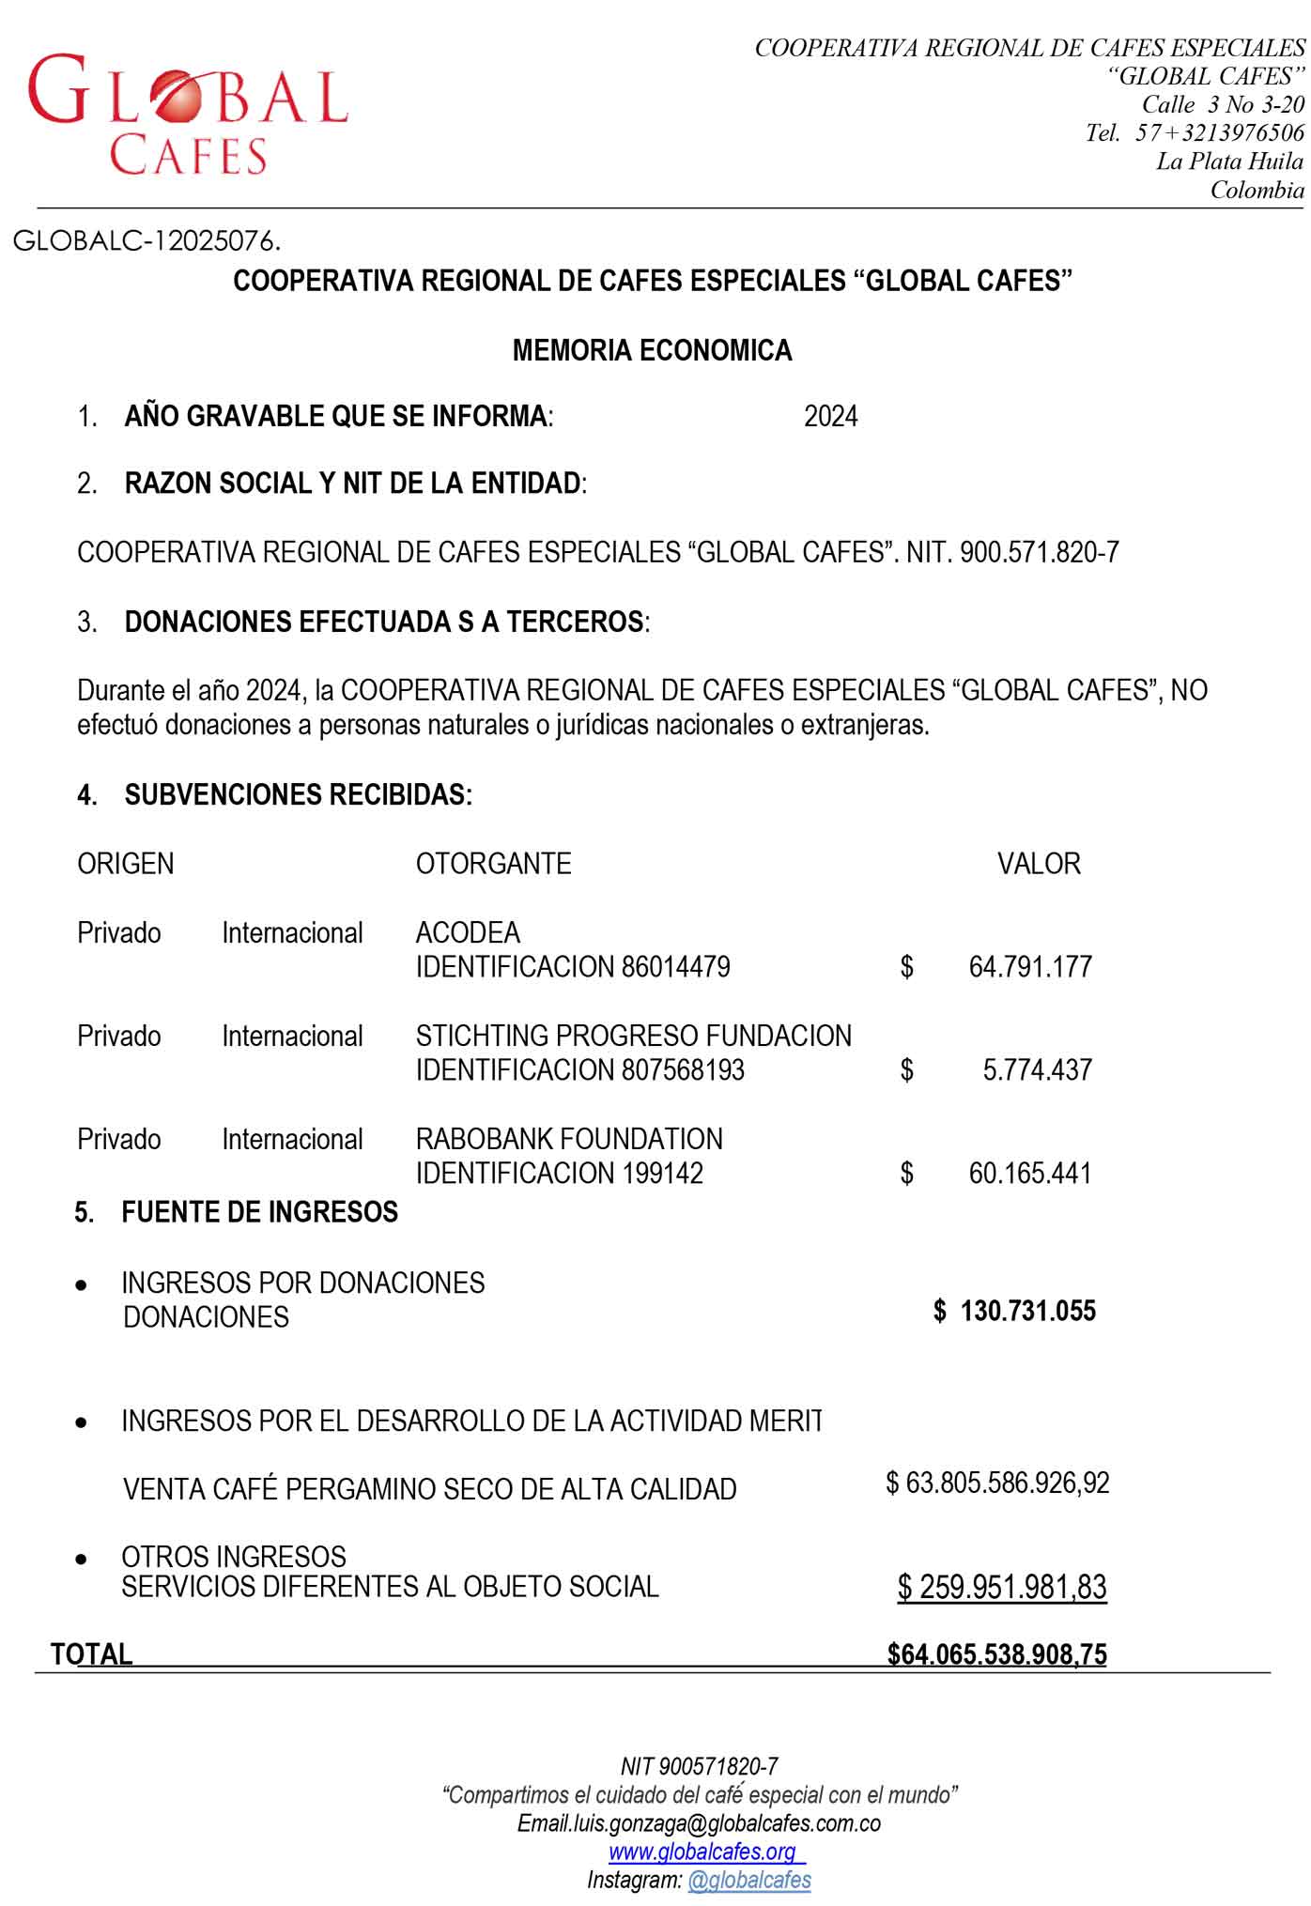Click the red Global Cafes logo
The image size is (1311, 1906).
pyautogui.click(x=188, y=113)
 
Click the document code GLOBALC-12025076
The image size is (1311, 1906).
pyautogui.click(x=147, y=241)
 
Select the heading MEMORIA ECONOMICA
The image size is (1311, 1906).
pyautogui.click(x=652, y=350)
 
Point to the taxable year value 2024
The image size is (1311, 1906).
pyautogui.click(x=830, y=416)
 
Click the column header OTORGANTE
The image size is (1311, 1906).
pyautogui.click(x=493, y=864)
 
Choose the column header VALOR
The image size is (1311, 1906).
pyautogui.click(x=1038, y=864)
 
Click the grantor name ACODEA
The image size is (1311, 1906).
pyautogui.click(x=468, y=932)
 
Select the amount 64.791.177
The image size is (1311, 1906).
pyautogui.click(x=1029, y=967)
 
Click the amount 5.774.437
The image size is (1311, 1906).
pyautogui.click(x=1037, y=1070)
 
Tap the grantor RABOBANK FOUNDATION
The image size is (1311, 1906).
pyautogui.click(x=569, y=1139)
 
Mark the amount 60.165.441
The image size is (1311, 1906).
pyautogui.click(x=1029, y=1174)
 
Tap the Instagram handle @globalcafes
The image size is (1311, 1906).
pyautogui.click(x=748, y=1880)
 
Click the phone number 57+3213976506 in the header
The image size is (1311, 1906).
pyautogui.click(x=1219, y=132)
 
